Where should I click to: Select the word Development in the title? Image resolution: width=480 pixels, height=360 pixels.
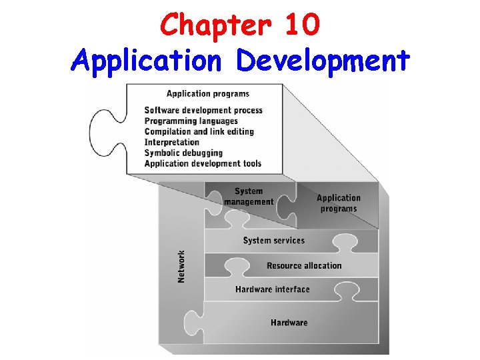pos(323,61)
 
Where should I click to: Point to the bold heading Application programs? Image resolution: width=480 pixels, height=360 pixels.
pos(208,93)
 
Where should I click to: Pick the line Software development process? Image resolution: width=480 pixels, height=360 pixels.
pos(203,110)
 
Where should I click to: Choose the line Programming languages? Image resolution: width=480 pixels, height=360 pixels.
pos(191,121)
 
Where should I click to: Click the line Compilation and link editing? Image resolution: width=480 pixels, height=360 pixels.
pos(199,131)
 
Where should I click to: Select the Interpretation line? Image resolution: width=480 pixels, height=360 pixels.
pos(171,142)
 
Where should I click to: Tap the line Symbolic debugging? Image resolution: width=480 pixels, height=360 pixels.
pos(183,153)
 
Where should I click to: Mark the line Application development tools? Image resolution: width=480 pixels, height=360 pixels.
pos(203,163)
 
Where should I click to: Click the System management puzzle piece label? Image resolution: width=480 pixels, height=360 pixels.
pos(249,197)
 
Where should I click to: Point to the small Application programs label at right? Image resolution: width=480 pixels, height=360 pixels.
pos(338,203)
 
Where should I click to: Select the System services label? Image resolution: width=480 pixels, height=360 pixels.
pos(273,241)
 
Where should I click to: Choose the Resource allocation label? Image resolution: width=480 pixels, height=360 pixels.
pos(304,265)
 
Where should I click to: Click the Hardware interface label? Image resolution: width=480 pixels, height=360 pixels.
pos(272,289)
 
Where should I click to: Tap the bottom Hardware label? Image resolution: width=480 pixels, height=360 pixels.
pos(289,323)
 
